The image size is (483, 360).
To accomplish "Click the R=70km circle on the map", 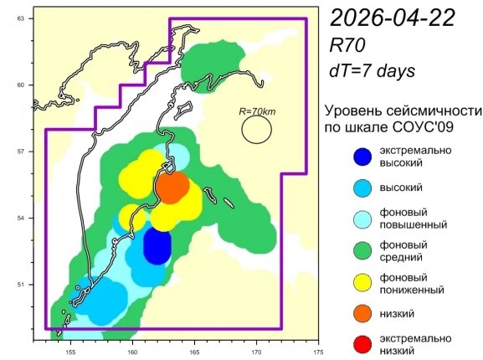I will [x=257, y=128].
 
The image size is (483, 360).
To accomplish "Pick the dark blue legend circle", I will [x=362, y=157].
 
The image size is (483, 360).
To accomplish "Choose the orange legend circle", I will [x=362, y=312].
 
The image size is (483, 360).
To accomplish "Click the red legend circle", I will [x=362, y=344].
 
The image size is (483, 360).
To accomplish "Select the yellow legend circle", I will [x=362, y=282].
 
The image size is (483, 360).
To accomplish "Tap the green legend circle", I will [x=362, y=250].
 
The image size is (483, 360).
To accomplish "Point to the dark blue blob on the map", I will [x=157, y=245].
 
